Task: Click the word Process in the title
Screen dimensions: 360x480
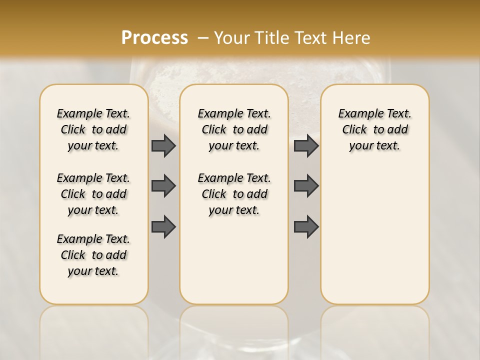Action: (x=154, y=37)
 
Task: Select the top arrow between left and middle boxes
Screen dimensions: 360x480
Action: (x=163, y=146)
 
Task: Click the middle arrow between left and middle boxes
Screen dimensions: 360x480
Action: (x=163, y=186)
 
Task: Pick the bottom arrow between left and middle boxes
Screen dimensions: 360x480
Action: (x=163, y=227)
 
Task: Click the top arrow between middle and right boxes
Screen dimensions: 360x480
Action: (x=306, y=146)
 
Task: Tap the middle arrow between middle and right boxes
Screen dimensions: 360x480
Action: (x=306, y=186)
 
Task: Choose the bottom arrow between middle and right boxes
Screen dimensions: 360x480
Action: (x=306, y=227)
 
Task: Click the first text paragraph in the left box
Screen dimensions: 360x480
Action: (x=93, y=129)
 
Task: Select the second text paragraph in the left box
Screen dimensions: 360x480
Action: (x=93, y=194)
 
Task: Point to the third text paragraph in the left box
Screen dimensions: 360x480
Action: (x=93, y=255)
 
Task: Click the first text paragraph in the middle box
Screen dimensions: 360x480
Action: (x=234, y=129)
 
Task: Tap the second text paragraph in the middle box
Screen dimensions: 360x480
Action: (x=234, y=194)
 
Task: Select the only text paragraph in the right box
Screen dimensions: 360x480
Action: (x=374, y=129)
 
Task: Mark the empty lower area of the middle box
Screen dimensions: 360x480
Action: (x=234, y=260)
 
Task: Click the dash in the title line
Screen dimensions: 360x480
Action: (x=203, y=38)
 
